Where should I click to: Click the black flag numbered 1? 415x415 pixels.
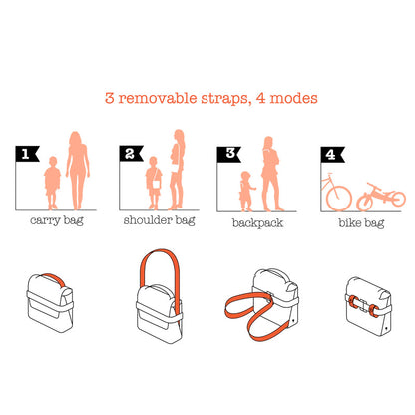[x=27, y=154]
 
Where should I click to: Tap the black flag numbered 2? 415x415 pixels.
[x=131, y=154]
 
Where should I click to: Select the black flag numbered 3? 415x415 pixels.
[x=228, y=154]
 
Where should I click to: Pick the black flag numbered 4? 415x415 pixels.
[x=332, y=154]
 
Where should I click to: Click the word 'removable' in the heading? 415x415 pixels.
[x=158, y=98]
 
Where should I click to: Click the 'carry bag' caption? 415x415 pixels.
[x=57, y=220]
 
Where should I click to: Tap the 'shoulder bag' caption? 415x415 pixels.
[x=159, y=220]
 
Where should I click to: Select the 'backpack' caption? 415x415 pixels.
[x=257, y=223]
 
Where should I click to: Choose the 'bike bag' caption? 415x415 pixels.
[x=361, y=223]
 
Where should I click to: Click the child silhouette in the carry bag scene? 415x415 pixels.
[x=52, y=183]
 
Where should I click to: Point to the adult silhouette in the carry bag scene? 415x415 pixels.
[x=78, y=171]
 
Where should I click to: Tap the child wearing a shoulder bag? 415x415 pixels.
[x=154, y=183]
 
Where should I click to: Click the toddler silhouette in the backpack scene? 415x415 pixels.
[x=246, y=192]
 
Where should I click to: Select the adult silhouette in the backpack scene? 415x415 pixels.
[x=270, y=174]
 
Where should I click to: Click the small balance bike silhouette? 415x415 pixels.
[x=381, y=197]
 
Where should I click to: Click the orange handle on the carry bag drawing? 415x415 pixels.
[x=55, y=279]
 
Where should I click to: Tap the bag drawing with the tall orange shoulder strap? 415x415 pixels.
[x=160, y=296]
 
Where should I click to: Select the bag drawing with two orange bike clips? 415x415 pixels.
[x=368, y=306]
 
